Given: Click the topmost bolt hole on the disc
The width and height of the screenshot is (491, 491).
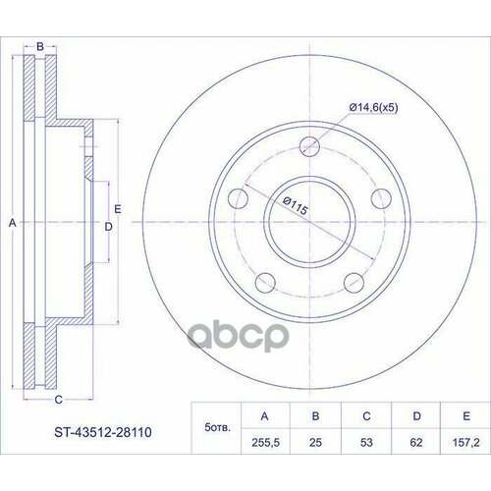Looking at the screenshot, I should click(310, 149).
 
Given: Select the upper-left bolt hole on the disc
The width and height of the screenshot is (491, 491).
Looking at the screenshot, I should click(237, 199).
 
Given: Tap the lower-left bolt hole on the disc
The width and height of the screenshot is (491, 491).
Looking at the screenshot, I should click(262, 284).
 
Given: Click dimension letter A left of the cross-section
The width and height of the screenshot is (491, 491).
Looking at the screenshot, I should click(12, 225).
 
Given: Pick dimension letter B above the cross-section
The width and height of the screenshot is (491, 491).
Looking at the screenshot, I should click(39, 46).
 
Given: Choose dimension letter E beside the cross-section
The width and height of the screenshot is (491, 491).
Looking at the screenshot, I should click(118, 207).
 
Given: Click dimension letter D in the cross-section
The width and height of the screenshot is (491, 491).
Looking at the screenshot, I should click(109, 226).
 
